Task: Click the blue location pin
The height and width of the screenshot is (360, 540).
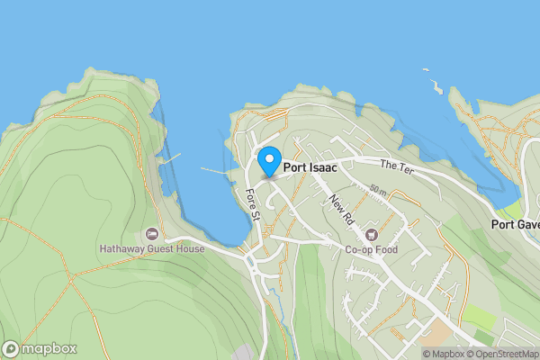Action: click(x=268, y=161)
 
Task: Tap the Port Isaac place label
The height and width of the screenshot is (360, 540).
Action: click(x=311, y=166)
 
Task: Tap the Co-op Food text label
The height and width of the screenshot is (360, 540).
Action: click(x=371, y=251)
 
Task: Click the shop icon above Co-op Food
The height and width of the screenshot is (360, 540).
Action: click(x=371, y=236)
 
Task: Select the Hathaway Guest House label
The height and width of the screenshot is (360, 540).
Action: click(x=152, y=248)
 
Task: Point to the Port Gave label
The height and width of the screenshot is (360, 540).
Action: click(x=516, y=224)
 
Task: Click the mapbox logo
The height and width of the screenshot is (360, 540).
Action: click(x=40, y=348)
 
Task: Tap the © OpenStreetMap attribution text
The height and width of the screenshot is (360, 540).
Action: click(x=501, y=353)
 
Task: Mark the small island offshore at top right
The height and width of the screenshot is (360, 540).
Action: click(x=436, y=86)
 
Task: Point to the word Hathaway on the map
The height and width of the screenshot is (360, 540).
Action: click(x=121, y=248)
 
